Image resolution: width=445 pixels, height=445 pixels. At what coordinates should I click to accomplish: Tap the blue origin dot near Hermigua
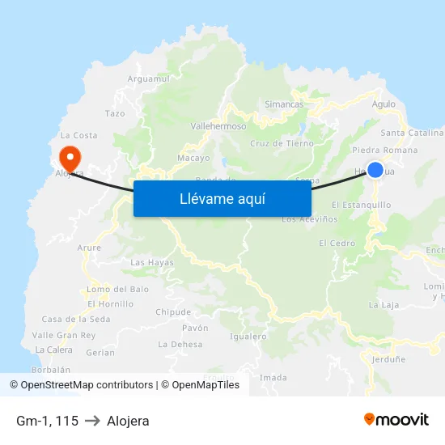tap(375, 169)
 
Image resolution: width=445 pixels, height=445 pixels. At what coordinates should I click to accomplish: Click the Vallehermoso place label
tap(218, 127)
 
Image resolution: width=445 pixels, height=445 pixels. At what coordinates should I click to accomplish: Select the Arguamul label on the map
tap(149, 79)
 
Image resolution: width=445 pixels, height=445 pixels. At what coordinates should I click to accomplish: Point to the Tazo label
tap(115, 114)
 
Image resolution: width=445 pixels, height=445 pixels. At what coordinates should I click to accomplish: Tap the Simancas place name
tap(284, 104)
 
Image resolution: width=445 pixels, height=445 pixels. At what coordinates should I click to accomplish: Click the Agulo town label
tap(384, 104)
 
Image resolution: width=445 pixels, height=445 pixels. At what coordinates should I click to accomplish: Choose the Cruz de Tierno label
tap(282, 143)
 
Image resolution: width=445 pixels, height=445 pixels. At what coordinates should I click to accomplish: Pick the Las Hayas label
tap(151, 262)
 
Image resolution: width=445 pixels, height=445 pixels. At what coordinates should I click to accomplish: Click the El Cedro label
tap(337, 243)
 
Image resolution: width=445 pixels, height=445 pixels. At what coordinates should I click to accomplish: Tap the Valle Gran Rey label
tap(64, 335)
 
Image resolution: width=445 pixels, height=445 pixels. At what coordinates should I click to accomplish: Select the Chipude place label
tap(173, 311)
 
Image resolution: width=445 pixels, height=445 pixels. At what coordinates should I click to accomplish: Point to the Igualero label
tap(248, 336)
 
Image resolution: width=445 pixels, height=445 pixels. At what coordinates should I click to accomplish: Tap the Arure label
tap(89, 248)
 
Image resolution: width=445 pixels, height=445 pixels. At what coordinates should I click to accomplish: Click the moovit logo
tap(396, 419)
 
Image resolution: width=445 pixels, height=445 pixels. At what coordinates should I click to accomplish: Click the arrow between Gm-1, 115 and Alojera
tap(92, 421)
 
